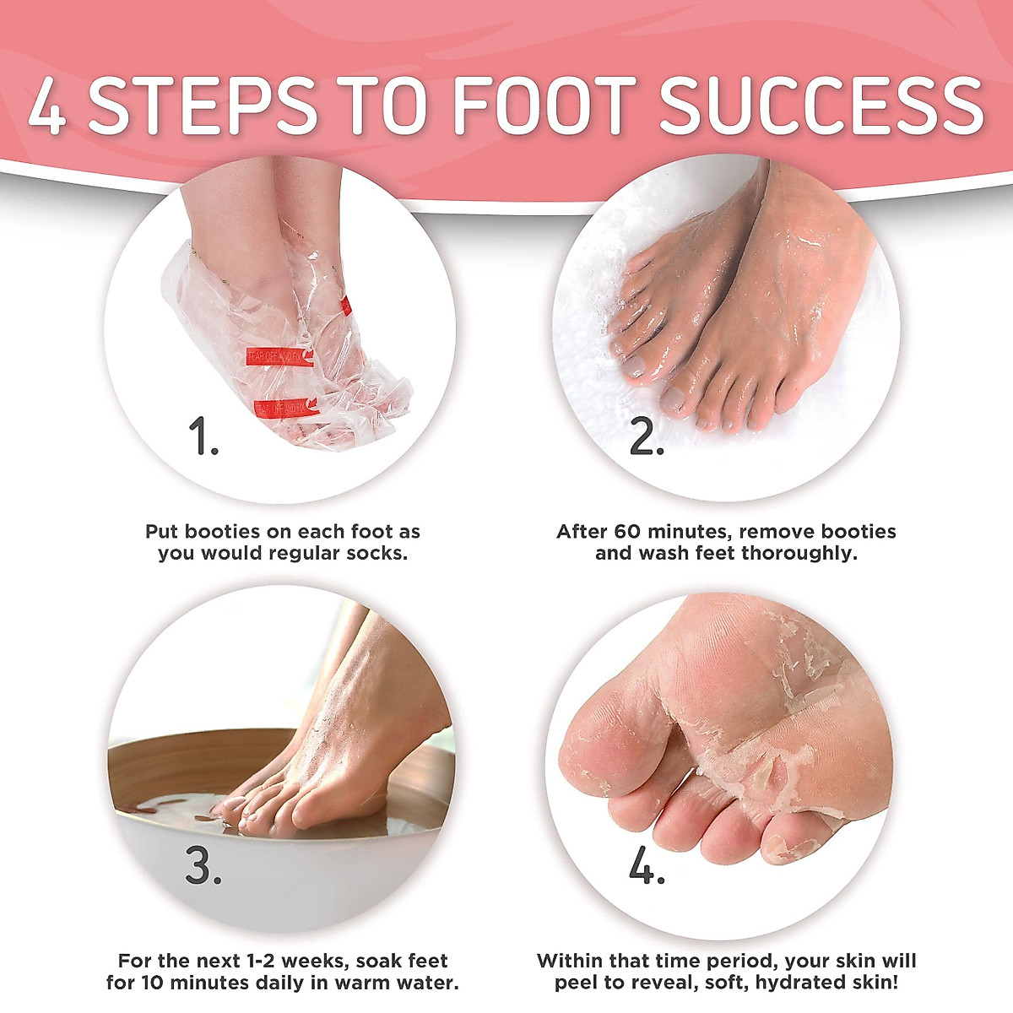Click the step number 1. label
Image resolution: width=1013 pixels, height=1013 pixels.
(203, 437)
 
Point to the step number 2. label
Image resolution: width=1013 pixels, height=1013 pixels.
(647, 437)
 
